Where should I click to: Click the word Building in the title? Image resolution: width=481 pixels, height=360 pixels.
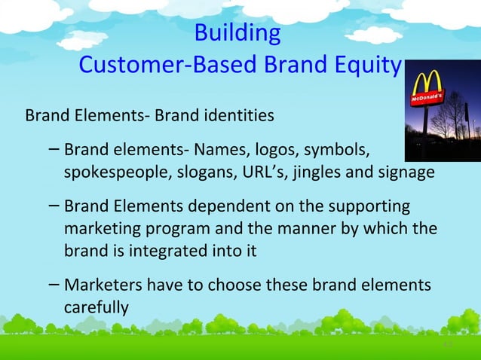(237, 34)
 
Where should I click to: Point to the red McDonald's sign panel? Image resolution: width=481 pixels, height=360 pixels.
(427, 99)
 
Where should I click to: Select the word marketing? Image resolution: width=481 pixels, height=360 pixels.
(106, 227)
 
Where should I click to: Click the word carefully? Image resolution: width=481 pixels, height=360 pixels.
(97, 307)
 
